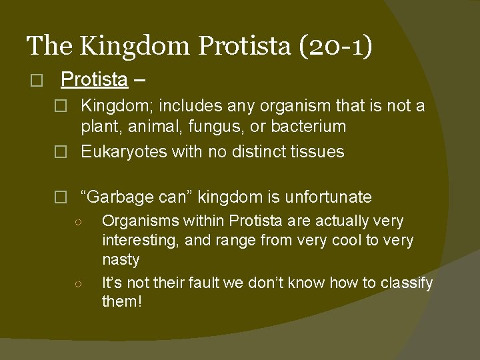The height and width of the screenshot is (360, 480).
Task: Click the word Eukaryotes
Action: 123,152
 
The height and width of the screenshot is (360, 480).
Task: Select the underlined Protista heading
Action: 94,80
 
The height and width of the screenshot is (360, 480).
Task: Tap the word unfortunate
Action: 328,197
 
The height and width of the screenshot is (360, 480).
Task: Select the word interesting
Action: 140,240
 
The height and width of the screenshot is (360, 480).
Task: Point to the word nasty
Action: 121,260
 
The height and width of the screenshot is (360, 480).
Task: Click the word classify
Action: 407,283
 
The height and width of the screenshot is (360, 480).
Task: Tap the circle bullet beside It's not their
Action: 78,283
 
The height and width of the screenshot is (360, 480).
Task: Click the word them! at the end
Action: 121,301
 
